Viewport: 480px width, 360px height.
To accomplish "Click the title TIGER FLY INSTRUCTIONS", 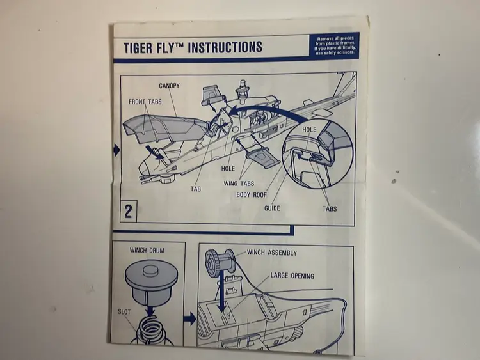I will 193,47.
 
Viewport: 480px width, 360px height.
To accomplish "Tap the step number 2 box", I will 128,212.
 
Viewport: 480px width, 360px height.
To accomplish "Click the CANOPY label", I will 170,86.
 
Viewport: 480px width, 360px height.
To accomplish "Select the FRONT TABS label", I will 145,102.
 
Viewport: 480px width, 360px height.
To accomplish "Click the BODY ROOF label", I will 252,195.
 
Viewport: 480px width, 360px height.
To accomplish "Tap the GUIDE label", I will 272,208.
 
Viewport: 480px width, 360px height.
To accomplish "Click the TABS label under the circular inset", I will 329,209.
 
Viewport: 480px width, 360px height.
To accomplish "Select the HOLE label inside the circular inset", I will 309,130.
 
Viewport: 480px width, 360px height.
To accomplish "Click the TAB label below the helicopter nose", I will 195,190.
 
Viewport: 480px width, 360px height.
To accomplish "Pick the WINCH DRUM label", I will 147,250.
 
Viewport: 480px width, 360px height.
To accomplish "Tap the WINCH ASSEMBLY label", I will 272,253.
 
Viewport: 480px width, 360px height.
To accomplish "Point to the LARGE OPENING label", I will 292,276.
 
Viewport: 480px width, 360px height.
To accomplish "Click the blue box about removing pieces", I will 335,45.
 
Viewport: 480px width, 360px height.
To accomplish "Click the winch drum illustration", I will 148,281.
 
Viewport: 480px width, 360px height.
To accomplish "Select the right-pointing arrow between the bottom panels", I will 189,318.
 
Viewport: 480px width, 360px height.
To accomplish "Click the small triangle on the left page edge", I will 116,151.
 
